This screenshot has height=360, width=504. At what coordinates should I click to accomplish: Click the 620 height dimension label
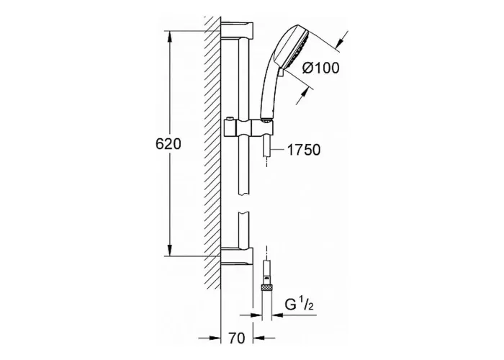(x=168, y=144)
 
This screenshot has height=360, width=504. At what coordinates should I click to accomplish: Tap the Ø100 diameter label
(x=321, y=68)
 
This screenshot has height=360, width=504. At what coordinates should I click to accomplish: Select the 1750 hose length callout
(x=303, y=150)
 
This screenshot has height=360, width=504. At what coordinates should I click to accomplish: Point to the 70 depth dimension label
(x=237, y=338)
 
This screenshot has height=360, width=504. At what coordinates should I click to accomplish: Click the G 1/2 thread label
(x=299, y=305)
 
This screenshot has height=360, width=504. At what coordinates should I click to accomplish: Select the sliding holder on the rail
(x=248, y=129)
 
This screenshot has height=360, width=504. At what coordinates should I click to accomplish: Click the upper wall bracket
(x=237, y=30)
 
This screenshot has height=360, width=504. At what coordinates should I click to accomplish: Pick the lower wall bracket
(x=237, y=257)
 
